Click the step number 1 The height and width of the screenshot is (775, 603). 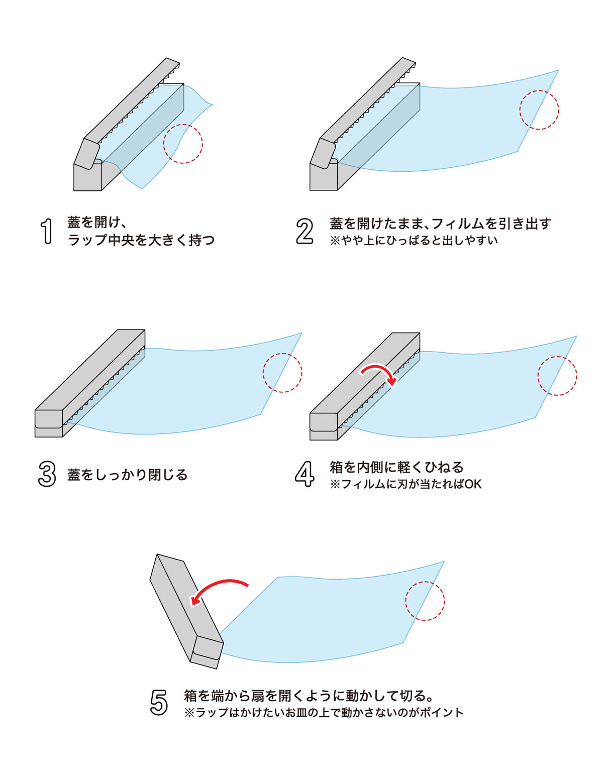coord(47,231)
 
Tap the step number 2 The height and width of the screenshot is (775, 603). coord(305,231)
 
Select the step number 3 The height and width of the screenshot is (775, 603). coord(47,474)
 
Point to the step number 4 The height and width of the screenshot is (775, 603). coord(305,474)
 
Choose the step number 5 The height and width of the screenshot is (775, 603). coord(159,702)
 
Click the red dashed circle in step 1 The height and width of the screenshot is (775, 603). coord(183,144)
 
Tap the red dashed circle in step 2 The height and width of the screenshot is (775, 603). coord(539,110)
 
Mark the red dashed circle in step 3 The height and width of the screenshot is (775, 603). coord(282,373)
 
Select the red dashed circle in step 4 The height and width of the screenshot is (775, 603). coord(557,376)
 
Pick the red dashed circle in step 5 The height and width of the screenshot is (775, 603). coord(425,601)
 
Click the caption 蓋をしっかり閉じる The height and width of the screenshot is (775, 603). coord(128,475)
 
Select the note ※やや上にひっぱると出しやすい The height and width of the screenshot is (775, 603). coord(414,241)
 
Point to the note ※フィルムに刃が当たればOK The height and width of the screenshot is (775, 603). coord(406,484)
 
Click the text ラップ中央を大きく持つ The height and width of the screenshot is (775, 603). coord(141,240)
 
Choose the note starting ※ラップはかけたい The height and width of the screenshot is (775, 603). coord(324,712)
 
